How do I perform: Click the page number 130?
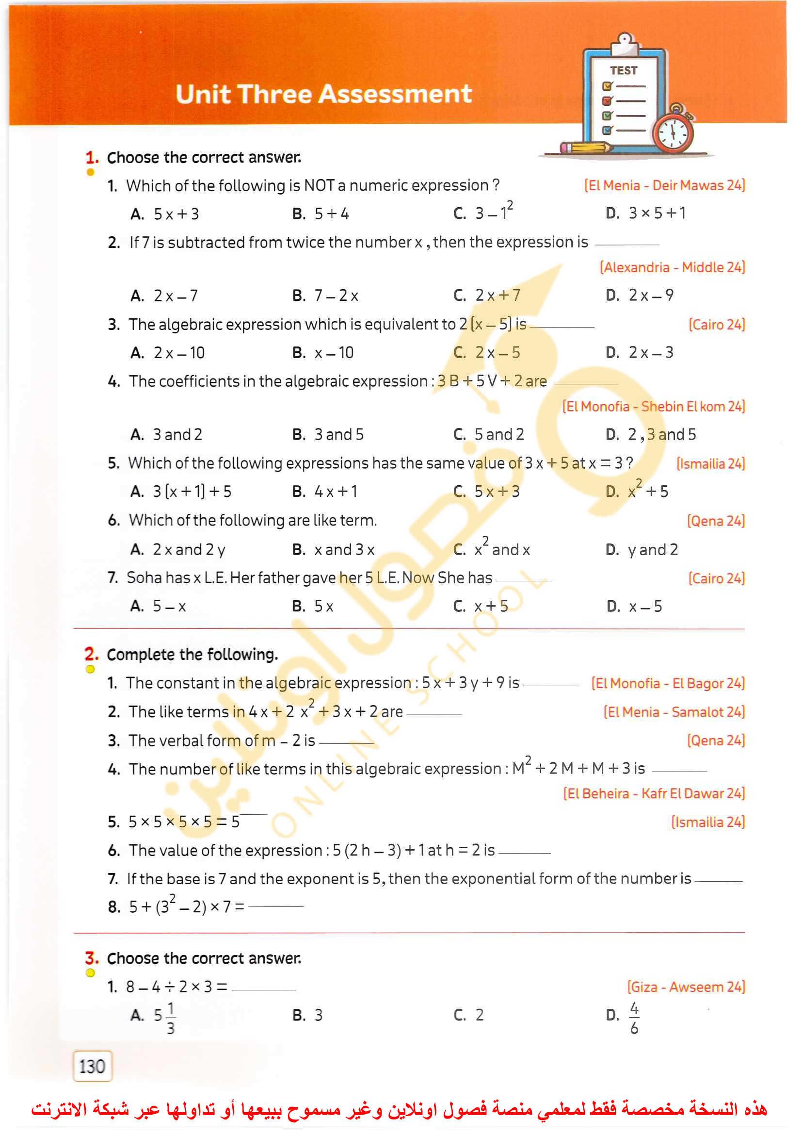(93, 1066)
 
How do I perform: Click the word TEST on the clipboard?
(624, 71)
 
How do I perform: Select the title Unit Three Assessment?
(323, 94)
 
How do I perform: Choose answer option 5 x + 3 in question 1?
(176, 214)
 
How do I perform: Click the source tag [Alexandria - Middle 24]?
(672, 268)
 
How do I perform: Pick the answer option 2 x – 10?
(178, 353)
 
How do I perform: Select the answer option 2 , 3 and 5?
(661, 434)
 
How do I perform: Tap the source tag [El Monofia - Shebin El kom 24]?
(653, 407)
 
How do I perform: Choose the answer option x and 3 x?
(344, 550)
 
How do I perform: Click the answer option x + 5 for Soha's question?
(491, 607)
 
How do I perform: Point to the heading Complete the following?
(193, 655)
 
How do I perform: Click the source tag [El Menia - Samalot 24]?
(674, 712)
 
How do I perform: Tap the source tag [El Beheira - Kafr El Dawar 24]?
(654, 793)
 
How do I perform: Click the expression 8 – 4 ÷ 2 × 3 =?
(176, 987)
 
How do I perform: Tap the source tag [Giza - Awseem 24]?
(686, 987)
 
